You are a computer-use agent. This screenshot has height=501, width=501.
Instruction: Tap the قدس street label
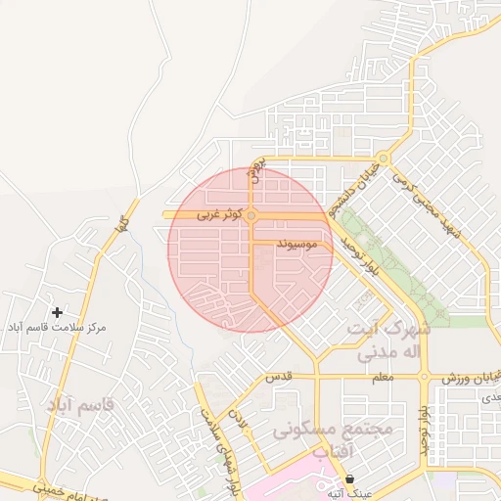[x=282, y=376]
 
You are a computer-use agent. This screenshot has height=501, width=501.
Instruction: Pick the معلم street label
[x=385, y=377]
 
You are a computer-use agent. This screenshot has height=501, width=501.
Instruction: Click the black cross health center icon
[x=58, y=312]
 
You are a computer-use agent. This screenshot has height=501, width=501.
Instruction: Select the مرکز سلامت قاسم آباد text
[x=57, y=327]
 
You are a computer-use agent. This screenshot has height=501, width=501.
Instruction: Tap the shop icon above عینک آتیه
[x=349, y=478]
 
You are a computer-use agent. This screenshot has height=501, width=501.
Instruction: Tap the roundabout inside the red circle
[x=251, y=215]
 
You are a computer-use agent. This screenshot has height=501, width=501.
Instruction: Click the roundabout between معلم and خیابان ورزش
[x=424, y=376]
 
